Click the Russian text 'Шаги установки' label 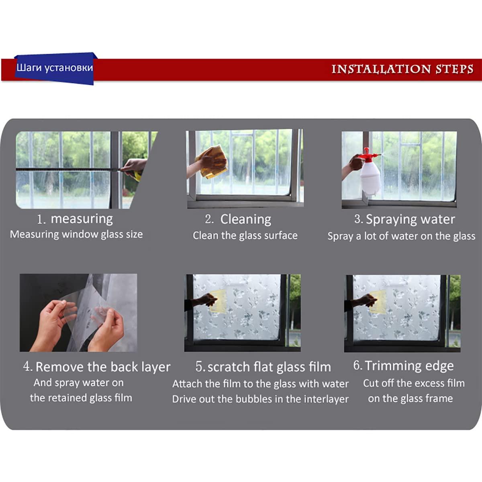tap(55, 68)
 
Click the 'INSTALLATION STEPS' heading tap(402, 69)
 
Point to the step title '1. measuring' tap(75, 219)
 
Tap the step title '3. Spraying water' tap(404, 219)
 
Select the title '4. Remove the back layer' tap(97, 367)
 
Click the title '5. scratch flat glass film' tap(263, 367)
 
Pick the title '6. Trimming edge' tap(403, 366)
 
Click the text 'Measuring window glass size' tap(76, 235)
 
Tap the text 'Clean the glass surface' tap(245, 236)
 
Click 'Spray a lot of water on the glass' tap(401, 236)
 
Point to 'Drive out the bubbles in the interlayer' tap(260, 399)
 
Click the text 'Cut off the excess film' tap(414, 383)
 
